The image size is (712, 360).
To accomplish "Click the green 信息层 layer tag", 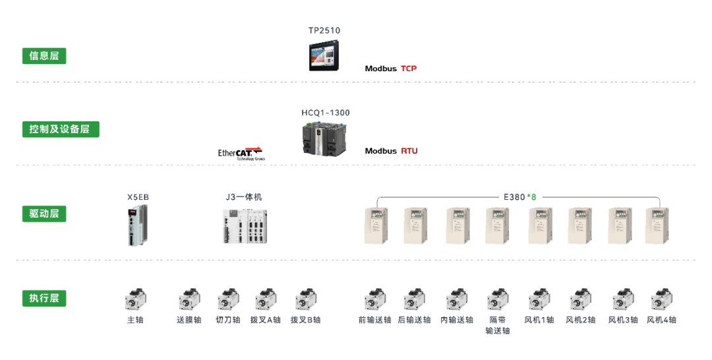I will tap(44, 56).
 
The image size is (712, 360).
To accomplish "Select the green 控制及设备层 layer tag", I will tap(60, 129).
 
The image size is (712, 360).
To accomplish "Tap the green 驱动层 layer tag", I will tap(44, 214).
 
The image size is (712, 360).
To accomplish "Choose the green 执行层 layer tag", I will tap(44, 298).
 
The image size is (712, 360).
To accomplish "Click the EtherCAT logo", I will tap(241, 153).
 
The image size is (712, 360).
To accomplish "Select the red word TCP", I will tap(409, 69).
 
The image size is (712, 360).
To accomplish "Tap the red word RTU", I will tap(409, 151).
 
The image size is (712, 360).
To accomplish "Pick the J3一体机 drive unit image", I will tap(245, 227).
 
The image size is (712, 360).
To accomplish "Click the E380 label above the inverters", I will tap(514, 196).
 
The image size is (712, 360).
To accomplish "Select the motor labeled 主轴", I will tap(135, 299).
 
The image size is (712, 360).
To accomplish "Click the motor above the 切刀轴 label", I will tap(228, 299).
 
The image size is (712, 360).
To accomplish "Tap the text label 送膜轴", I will tap(189, 320).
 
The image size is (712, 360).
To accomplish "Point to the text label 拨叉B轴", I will tap(305, 320).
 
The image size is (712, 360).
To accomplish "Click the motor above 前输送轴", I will tap(375, 299).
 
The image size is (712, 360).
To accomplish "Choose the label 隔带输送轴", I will tap(497, 325).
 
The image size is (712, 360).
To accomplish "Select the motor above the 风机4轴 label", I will tap(661, 299).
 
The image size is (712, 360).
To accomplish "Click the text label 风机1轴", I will tap(539, 320).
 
